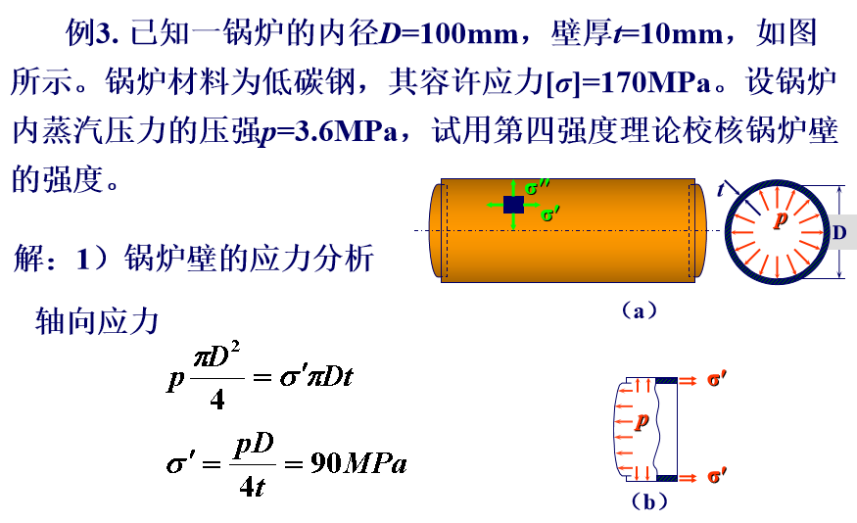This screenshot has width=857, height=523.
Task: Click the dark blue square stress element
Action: pyautogui.click(x=513, y=205)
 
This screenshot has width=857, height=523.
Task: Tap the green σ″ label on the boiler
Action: pyautogui.click(x=537, y=187)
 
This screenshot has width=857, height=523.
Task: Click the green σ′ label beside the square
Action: pyautogui.click(x=549, y=214)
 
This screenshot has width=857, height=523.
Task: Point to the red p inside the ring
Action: pyautogui.click(x=781, y=218)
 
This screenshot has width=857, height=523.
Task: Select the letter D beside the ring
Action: pyautogui.click(x=839, y=232)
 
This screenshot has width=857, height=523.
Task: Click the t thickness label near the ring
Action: pyautogui.click(x=721, y=189)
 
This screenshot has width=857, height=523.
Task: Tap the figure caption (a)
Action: pyautogui.click(x=639, y=310)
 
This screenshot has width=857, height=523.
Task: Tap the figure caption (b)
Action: pyautogui.click(x=649, y=501)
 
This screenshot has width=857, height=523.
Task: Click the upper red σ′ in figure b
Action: pyautogui.click(x=717, y=379)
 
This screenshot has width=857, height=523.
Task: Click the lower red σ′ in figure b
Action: pyautogui.click(x=717, y=475)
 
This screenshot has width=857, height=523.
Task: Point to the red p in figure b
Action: pyautogui.click(x=642, y=420)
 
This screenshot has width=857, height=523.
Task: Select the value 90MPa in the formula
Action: pyautogui.click(x=358, y=463)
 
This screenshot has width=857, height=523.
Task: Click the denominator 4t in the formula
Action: pyautogui.click(x=252, y=486)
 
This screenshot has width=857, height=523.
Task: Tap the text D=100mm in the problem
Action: pyautogui.click(x=449, y=34)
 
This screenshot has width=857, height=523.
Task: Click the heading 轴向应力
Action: pyautogui.click(x=97, y=321)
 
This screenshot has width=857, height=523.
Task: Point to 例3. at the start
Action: pyautogui.click(x=92, y=33)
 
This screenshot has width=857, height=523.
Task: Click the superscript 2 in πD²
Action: pyautogui.click(x=235, y=347)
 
